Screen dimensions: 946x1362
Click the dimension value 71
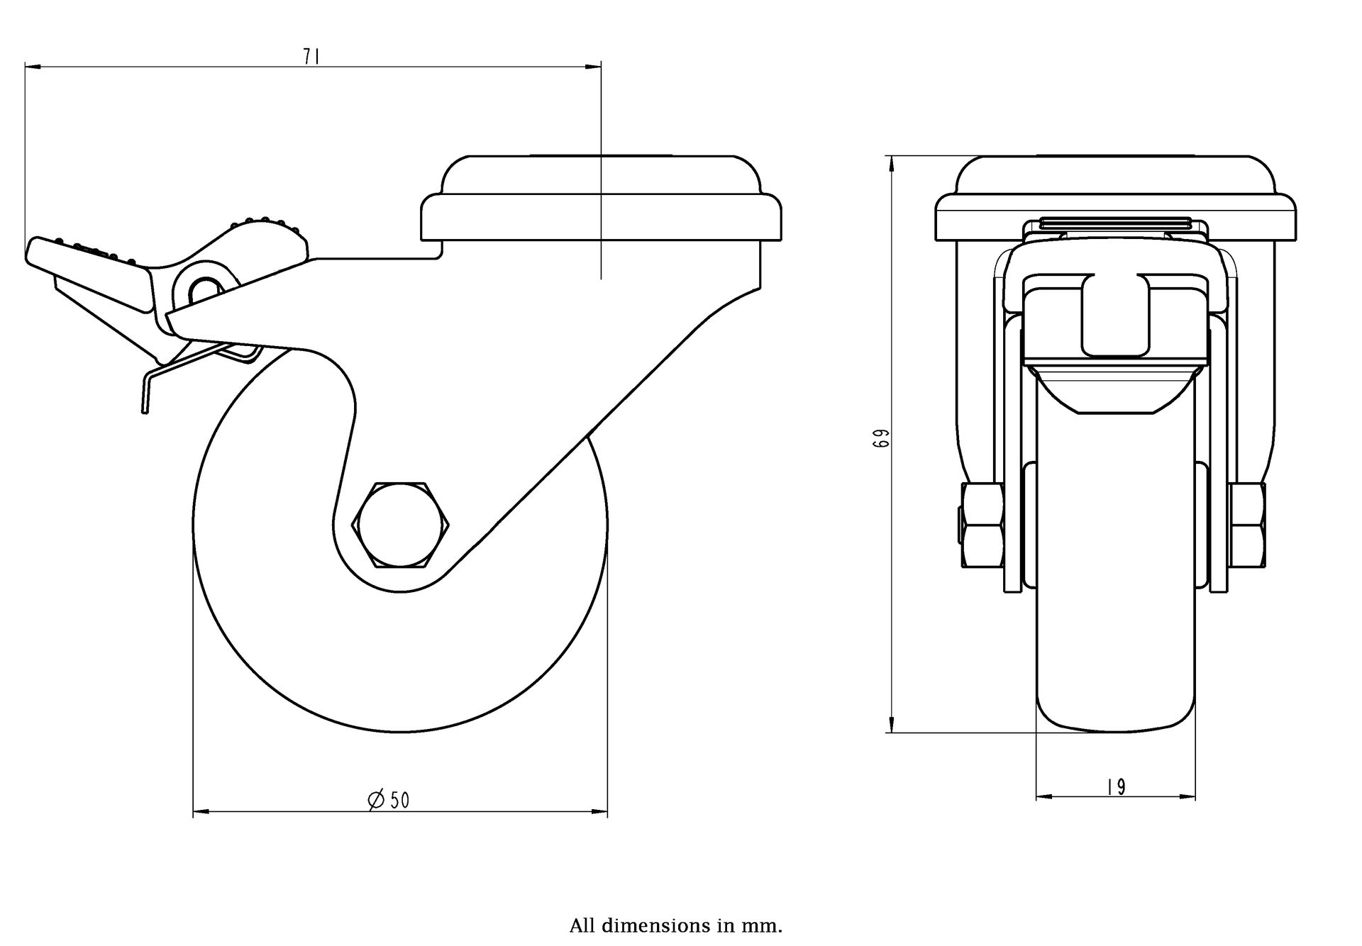click(x=311, y=57)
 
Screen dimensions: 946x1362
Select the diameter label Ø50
click(x=389, y=799)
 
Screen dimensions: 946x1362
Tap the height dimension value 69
click(x=882, y=438)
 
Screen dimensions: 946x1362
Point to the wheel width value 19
click(x=1116, y=787)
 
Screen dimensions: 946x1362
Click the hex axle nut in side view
click(x=401, y=525)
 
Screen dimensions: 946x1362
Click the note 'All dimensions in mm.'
click(x=675, y=925)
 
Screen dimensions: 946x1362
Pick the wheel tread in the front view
click(x=1114, y=603)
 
